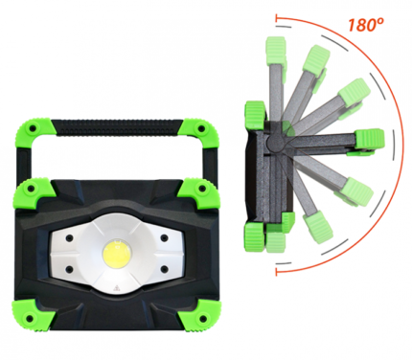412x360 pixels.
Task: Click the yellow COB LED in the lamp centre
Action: tap(117, 251)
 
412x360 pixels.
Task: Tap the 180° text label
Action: tap(365, 25)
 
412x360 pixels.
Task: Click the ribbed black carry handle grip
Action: tap(118, 127)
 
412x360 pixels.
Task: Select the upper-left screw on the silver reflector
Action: tap(68, 238)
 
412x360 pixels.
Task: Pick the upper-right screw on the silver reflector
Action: tap(164, 238)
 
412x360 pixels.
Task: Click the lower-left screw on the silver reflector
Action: tap(68, 270)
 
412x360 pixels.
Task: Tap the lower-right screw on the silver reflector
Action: tap(164, 270)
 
